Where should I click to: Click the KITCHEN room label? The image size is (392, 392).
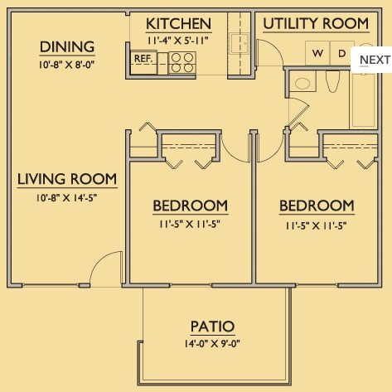178,24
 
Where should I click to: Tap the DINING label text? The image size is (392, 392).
67,47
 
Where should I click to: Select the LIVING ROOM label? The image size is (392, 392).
67,179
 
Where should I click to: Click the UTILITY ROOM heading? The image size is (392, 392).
316,23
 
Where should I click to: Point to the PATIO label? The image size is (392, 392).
212,327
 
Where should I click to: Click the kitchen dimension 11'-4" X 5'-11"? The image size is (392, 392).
177,41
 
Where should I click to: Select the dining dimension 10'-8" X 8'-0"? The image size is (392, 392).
66,65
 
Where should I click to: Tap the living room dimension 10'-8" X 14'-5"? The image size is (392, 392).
66,197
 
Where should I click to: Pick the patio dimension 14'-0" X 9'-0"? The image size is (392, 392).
212,344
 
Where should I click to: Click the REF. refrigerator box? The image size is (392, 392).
143,62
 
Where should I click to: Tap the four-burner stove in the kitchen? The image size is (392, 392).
182,63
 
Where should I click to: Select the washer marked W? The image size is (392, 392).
317,54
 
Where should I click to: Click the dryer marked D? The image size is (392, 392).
342,54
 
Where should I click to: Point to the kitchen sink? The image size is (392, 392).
240,43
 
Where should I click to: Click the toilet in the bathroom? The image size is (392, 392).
332,81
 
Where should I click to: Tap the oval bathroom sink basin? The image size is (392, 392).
302,83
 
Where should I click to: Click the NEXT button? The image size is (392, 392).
375,60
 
